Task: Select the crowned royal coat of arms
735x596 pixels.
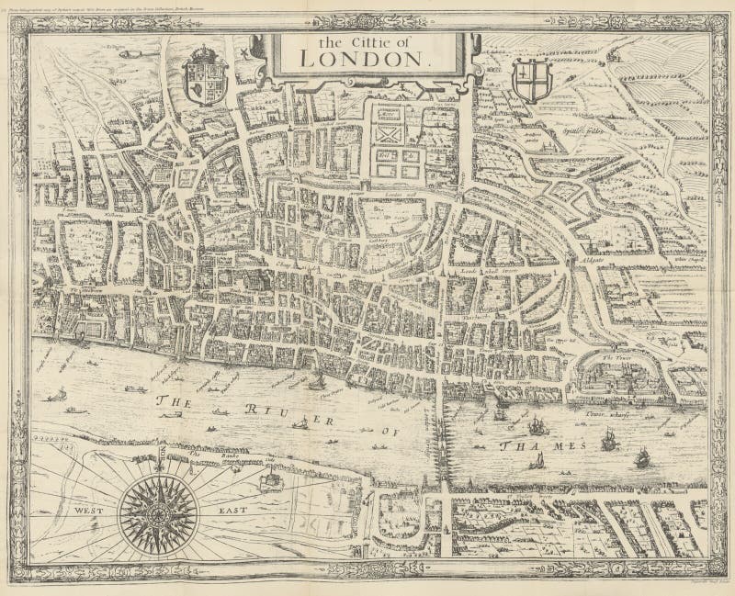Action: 203,76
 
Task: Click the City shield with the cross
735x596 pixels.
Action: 528,81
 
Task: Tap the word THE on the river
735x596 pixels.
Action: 175,401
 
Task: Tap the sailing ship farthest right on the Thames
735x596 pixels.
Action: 642,455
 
